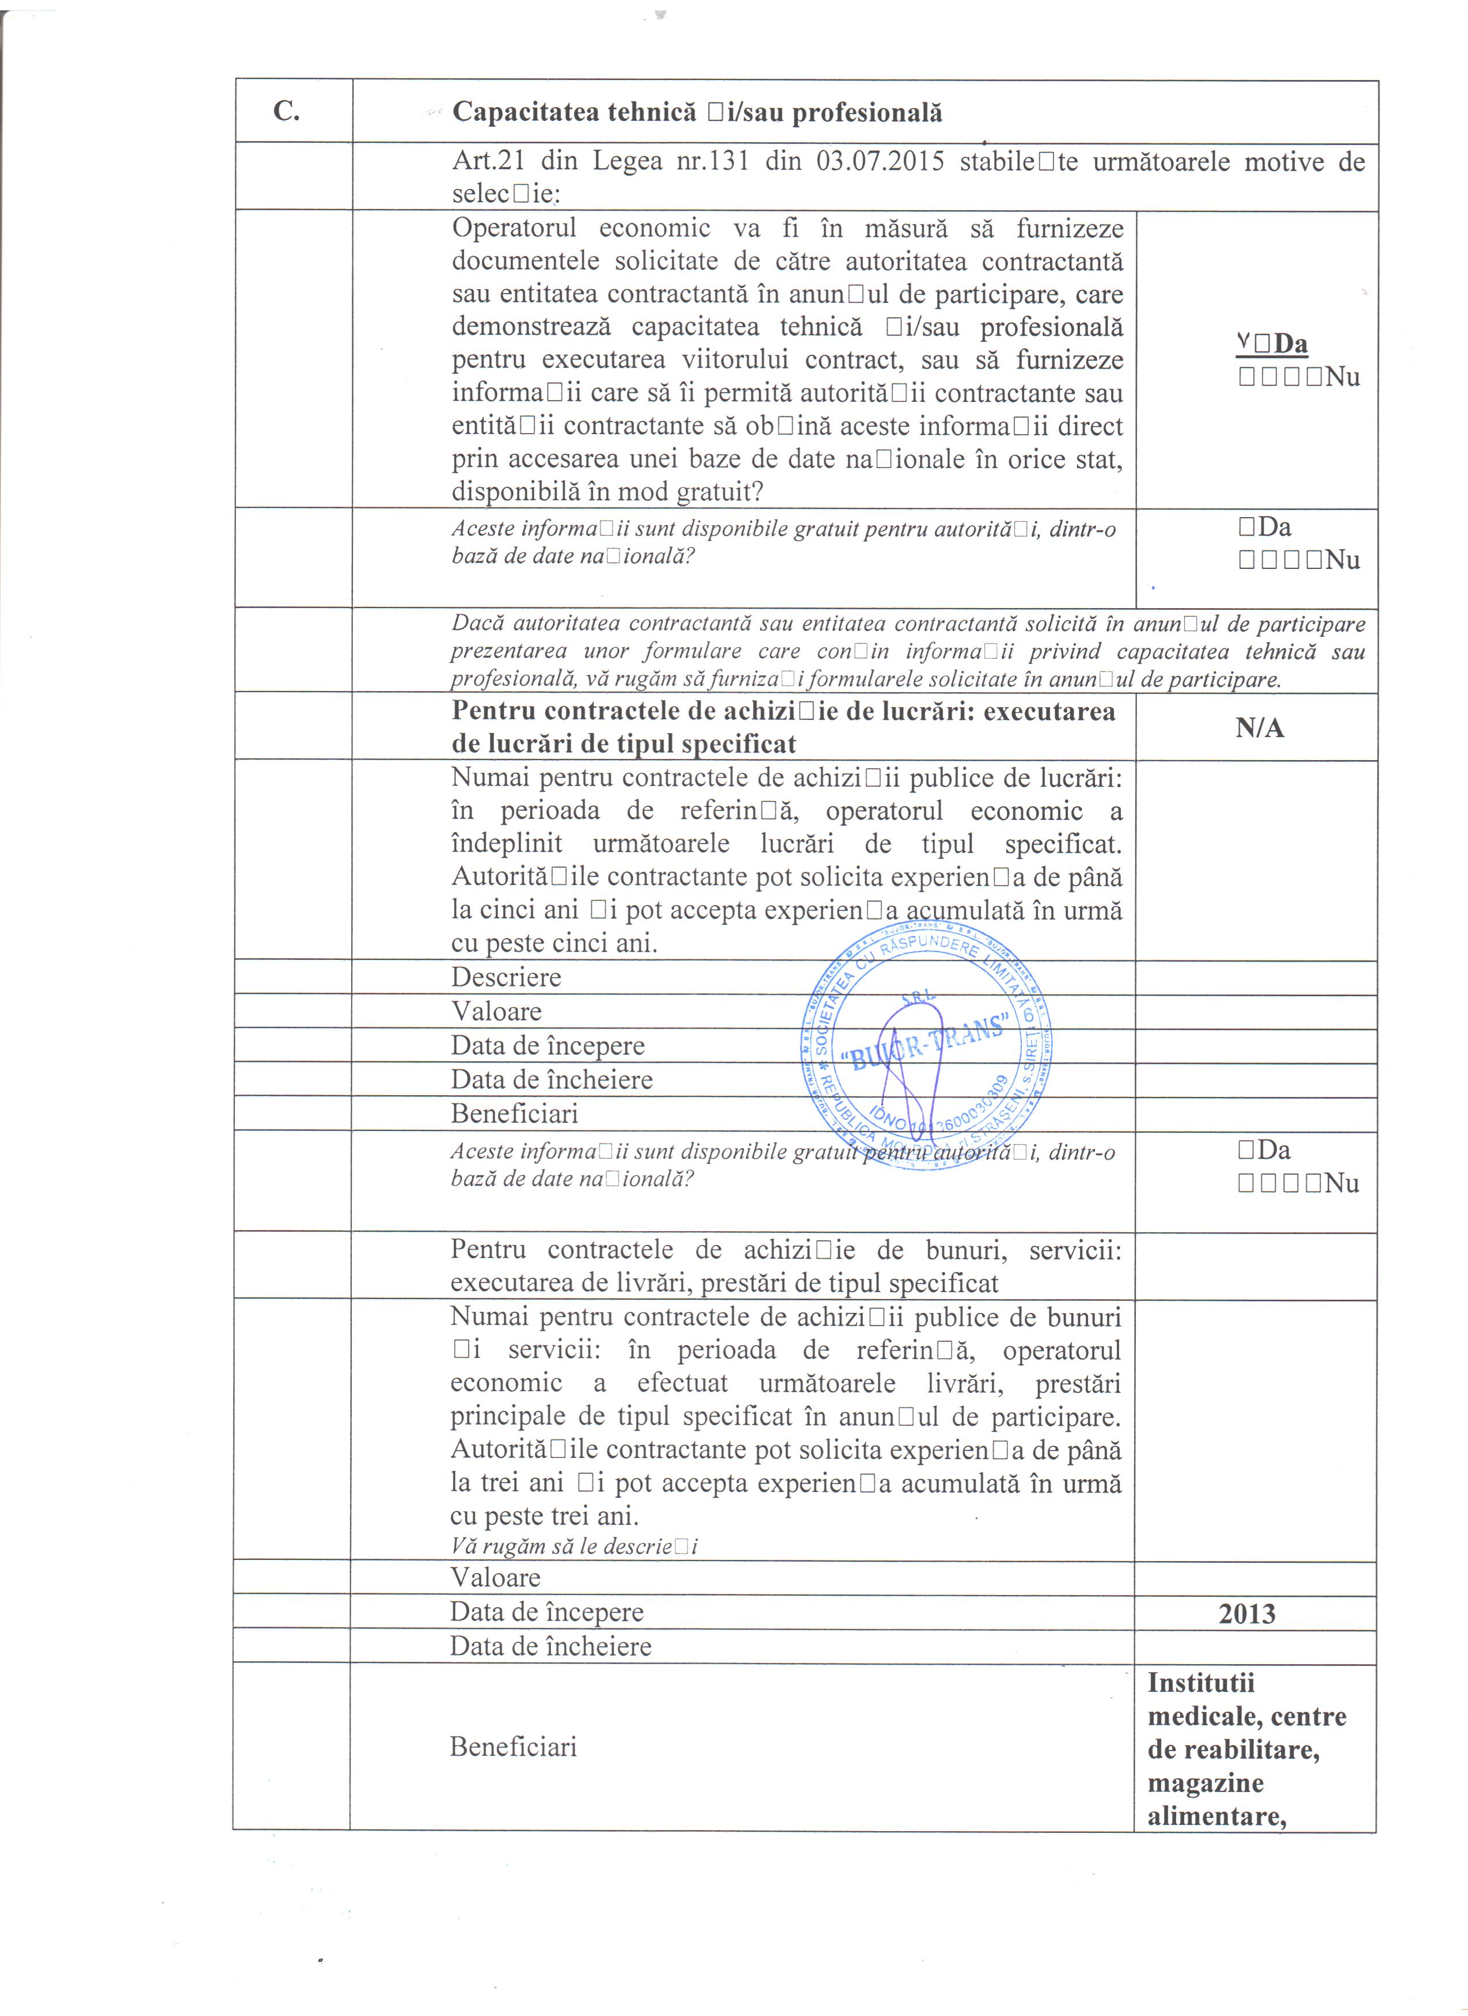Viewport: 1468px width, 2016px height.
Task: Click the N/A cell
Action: click(x=1259, y=728)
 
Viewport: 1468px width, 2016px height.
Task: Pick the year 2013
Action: click(x=1247, y=1613)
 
